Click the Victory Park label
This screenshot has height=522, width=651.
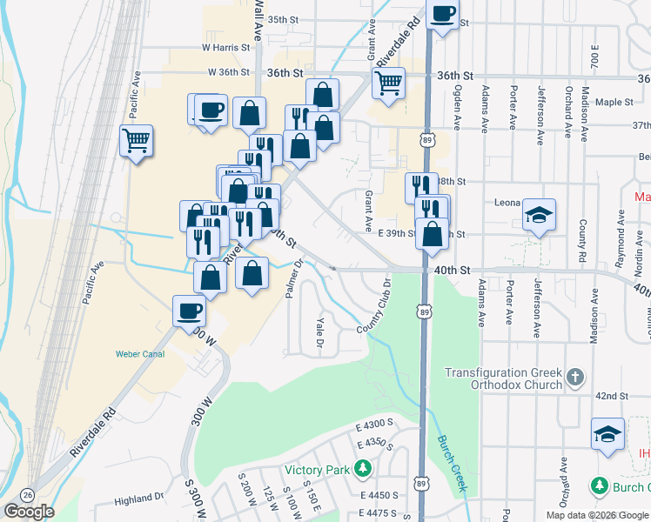point(325,471)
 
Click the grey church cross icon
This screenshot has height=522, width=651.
point(574,377)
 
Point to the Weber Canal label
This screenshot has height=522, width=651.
point(140,354)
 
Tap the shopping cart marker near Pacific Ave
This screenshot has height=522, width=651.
point(137,139)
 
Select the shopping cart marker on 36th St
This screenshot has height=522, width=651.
point(387,84)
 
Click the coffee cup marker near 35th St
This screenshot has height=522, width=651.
point(443,15)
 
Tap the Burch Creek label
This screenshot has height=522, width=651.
point(453,460)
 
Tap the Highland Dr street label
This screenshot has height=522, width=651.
point(139,499)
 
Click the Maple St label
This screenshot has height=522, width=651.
point(614,102)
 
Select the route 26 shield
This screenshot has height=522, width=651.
point(28,492)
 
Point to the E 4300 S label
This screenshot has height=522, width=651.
point(376,423)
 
